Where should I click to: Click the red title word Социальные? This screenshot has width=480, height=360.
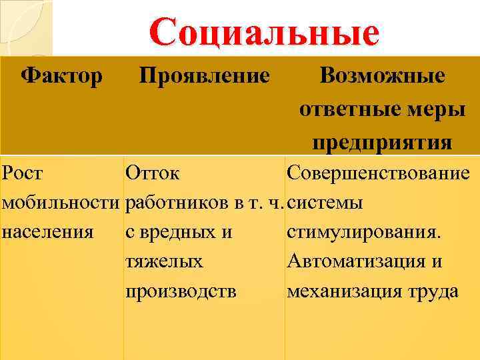[264, 33]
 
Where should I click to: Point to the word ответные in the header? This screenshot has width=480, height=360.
[346, 109]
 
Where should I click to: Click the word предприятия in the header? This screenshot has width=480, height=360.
[382, 143]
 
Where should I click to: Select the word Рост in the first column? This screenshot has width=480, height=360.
[23, 174]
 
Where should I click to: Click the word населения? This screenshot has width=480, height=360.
[47, 232]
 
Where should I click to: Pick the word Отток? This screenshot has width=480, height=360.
[152, 174]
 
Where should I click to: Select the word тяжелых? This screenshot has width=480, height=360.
[164, 261]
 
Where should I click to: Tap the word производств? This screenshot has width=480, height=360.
[181, 291]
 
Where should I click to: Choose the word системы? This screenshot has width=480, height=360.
[325, 203]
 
